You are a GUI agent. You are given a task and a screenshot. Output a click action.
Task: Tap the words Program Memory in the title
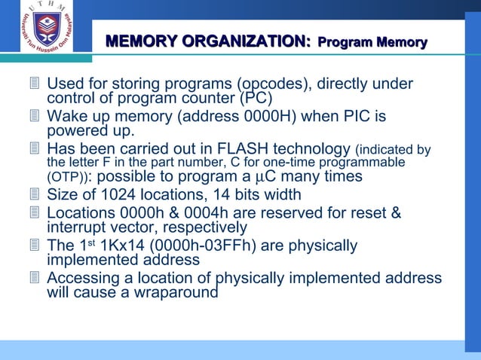pyautogui.click(x=372, y=43)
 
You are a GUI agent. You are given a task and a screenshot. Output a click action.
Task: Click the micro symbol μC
pyautogui.click(x=262, y=177)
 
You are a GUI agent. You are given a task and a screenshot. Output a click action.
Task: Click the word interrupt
pyautogui.click(x=80, y=227)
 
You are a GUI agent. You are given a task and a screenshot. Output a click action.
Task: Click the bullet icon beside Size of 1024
pyautogui.click(x=33, y=196)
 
